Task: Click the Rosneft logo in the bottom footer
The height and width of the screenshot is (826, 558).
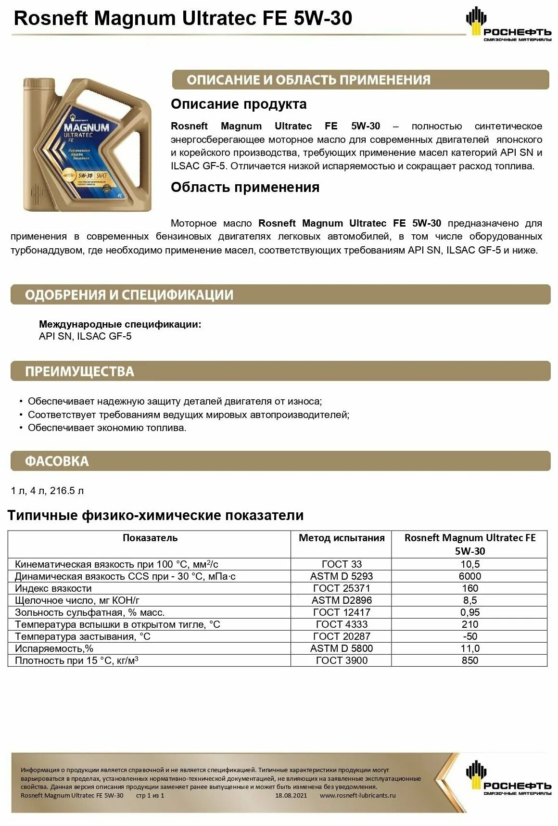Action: pos(508,778)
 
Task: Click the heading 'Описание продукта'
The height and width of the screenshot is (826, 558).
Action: pos(239,104)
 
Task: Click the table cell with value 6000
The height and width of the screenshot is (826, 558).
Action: pos(469,576)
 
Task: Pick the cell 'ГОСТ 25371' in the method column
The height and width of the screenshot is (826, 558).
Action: pos(342,588)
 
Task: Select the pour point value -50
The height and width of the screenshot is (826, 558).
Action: pos(469,636)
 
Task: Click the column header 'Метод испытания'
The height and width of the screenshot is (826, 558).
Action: pos(342,538)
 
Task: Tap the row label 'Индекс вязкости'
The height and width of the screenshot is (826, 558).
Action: pos(53,588)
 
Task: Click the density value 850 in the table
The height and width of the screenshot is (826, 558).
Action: pos(469,661)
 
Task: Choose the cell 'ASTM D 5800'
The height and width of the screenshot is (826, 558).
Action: pos(342,648)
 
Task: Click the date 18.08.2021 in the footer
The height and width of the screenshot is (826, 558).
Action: pos(291,795)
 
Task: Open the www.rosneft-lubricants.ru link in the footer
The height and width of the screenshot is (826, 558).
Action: pos(357,795)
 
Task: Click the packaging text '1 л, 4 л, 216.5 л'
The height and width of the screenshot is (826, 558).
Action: pos(47,491)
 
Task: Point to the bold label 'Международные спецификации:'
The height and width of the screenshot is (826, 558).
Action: pos(120,324)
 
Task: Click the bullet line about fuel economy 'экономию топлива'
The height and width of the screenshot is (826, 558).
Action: pos(107,428)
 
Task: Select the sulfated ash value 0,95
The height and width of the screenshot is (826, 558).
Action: pos(469,612)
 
